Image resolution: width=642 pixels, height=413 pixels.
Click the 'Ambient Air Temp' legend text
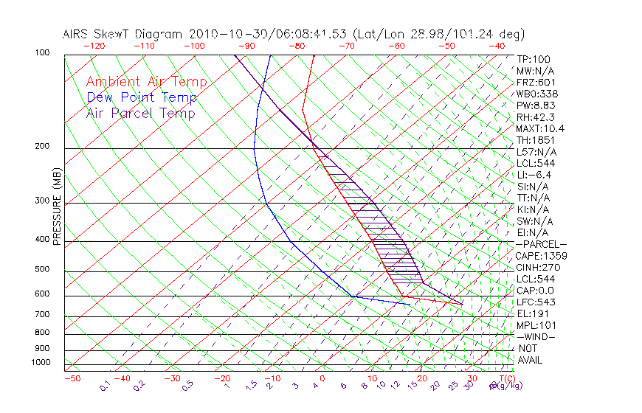point(146,83)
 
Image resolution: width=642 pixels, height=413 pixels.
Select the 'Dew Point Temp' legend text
point(142,98)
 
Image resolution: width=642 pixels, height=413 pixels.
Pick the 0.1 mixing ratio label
point(106,385)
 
